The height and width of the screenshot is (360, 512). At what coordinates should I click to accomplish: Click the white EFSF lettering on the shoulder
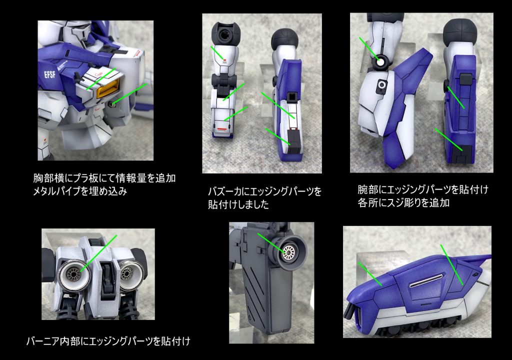tap(49, 75)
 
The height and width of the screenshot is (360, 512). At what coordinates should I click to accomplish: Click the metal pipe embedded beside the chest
tap(112, 104)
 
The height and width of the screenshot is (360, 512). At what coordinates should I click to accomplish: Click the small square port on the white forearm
tap(381, 85)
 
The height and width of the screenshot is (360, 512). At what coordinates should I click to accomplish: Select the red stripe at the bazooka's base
tap(222, 129)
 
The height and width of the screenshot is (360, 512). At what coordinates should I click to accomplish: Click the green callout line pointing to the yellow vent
tap(101, 79)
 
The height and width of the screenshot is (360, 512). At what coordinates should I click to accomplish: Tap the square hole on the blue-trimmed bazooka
tap(291, 96)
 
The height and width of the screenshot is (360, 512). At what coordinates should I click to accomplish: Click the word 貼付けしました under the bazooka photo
tap(238, 204)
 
